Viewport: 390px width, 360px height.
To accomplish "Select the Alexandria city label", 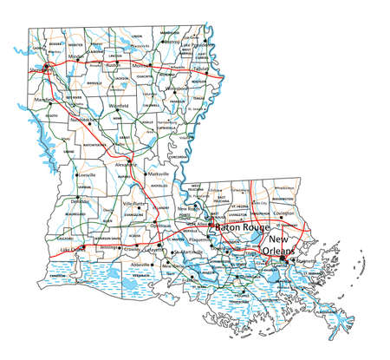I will pyautogui.click(x=125, y=162).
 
